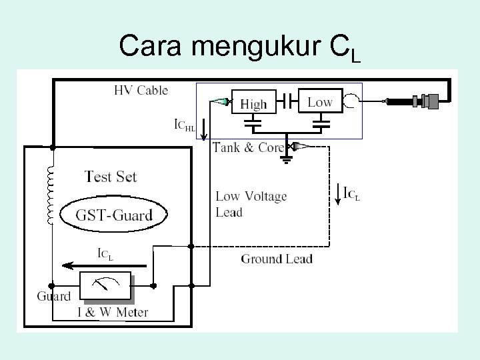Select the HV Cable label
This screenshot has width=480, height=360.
(141, 90)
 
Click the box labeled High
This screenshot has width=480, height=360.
(253, 103)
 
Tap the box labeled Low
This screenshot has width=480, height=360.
(319, 101)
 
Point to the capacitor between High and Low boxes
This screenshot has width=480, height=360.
(286, 101)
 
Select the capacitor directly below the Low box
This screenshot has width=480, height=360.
(320, 123)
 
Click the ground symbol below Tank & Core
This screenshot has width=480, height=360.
(287, 159)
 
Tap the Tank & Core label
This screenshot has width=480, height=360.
(247, 147)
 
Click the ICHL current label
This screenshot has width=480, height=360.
(184, 125)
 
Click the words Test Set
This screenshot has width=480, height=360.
(110, 177)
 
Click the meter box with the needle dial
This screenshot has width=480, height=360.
(103, 285)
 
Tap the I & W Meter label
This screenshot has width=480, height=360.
(111, 311)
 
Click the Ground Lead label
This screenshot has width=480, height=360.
(276, 259)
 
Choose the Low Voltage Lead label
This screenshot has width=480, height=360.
(251, 204)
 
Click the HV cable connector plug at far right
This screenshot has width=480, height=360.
(423, 102)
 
